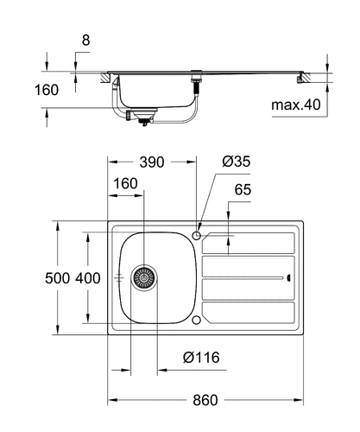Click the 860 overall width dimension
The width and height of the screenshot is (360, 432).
[x=205, y=400]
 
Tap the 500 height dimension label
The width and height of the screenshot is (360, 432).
[x=57, y=278]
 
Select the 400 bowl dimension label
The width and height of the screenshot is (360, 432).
[x=88, y=278]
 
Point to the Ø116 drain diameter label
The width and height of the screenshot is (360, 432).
[x=201, y=358]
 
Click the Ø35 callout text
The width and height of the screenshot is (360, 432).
[x=237, y=162]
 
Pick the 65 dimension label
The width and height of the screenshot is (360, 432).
[x=243, y=189]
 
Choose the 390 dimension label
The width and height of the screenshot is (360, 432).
[x=152, y=162]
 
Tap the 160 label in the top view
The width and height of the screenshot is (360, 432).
[x=125, y=183]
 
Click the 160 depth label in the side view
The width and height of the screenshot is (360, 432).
[x=47, y=90]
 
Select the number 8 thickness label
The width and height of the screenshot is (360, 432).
[x=85, y=40]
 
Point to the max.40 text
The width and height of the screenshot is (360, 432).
[x=296, y=105]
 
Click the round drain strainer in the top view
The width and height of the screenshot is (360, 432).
[x=144, y=278]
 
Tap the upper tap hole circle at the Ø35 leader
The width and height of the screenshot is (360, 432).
[x=197, y=236]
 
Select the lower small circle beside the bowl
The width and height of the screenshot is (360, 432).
[x=197, y=320]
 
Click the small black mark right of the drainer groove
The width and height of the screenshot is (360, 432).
[x=288, y=278]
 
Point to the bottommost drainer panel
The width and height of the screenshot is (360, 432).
[x=249, y=312]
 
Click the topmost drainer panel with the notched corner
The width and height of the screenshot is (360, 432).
[x=249, y=243]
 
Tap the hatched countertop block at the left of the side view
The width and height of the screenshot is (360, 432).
[x=105, y=78]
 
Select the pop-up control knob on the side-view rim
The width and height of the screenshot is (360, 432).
[x=197, y=71]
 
